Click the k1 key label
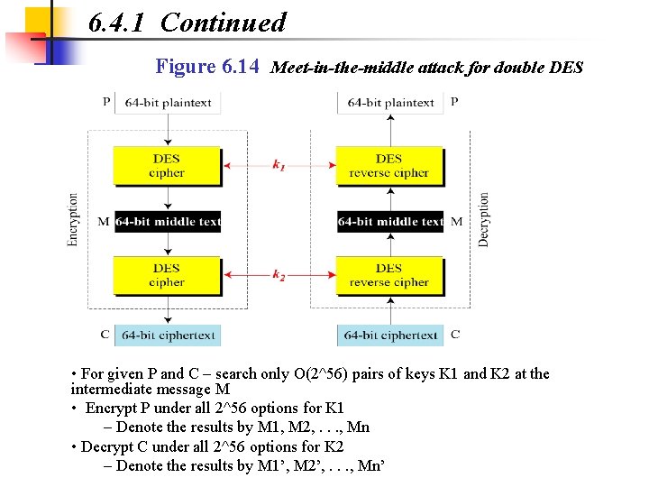tap(279, 166)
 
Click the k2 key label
tap(279, 276)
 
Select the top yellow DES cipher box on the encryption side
tap(167, 165)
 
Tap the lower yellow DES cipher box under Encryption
tap(167, 275)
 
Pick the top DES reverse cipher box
tap(389, 165)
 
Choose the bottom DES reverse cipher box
tap(389, 275)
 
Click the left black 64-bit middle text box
tap(168, 221)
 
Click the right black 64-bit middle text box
tap(390, 221)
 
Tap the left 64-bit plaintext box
tap(168, 103)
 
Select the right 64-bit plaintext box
tap(390, 103)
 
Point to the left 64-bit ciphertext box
tap(168, 335)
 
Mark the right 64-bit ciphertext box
tap(390, 335)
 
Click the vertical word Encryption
tap(73, 219)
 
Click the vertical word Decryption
tap(484, 219)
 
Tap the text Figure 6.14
tap(208, 67)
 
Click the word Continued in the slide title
tap(223, 23)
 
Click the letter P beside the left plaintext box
tap(106, 102)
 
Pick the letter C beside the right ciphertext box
tap(455, 335)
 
